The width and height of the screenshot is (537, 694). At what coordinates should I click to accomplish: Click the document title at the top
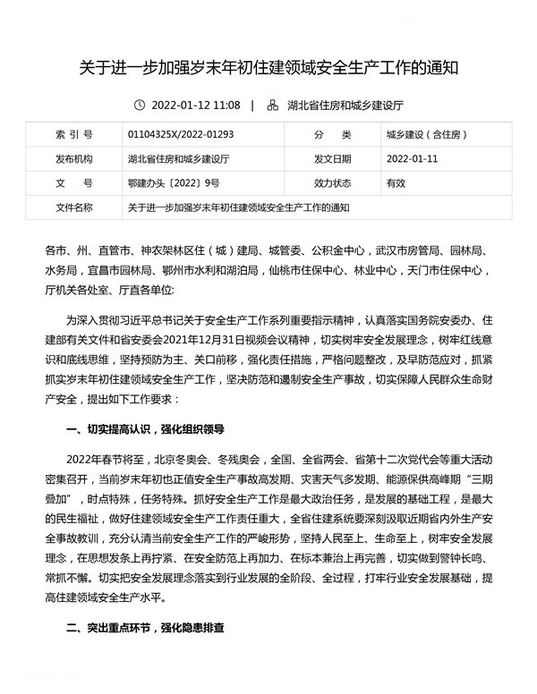pos(268,67)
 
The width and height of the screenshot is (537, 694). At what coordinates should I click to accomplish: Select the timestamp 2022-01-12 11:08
pos(196,106)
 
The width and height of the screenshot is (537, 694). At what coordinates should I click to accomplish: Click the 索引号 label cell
pos(73,136)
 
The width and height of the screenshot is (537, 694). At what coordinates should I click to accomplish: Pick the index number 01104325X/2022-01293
pos(181,136)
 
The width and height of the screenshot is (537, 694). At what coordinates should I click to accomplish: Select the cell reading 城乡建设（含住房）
pos(426,136)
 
